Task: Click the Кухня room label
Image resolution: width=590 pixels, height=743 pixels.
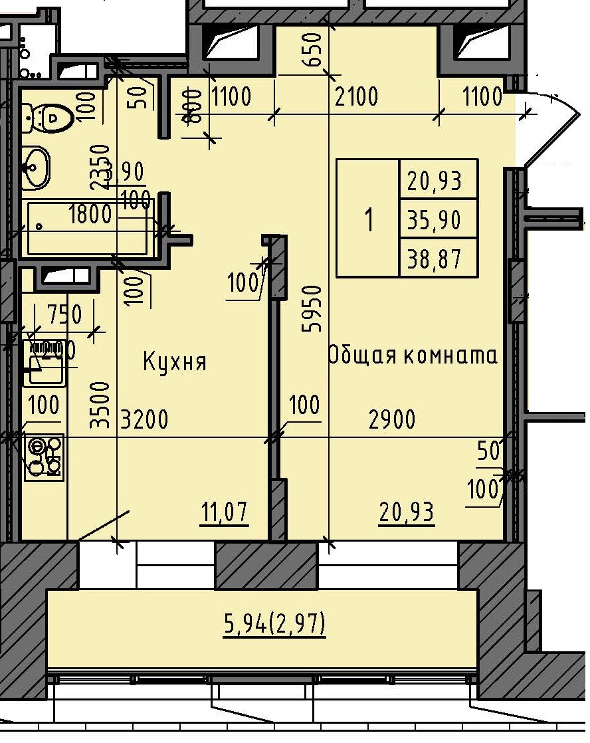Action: coord(175,362)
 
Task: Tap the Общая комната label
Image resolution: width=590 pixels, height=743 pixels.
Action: coord(413,356)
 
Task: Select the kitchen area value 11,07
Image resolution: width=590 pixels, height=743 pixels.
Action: coord(225,512)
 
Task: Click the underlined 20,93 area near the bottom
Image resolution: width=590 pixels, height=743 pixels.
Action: coord(407,512)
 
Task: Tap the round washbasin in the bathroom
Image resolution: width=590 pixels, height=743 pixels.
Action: coord(36,166)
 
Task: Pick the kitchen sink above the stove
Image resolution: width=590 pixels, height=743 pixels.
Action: coord(44,362)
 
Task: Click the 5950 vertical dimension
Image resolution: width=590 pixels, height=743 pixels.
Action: coord(315,308)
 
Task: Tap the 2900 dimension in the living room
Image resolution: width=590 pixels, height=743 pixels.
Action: coord(392,419)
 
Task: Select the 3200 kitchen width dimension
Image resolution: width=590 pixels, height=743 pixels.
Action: coord(144,419)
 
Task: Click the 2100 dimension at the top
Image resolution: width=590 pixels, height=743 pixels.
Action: coord(357,97)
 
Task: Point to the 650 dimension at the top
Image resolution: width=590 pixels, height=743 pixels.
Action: coord(315,51)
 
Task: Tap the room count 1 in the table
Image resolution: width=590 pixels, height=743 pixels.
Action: coord(369,219)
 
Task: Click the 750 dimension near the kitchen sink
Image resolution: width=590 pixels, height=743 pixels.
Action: coord(64,313)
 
